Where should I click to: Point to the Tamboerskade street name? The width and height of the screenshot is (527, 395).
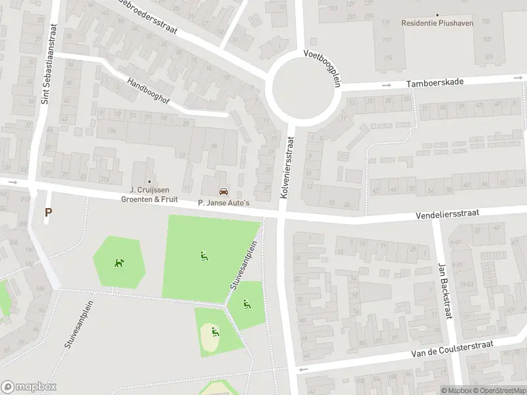(435, 82)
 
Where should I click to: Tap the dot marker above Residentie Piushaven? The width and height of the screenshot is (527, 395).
(437, 14)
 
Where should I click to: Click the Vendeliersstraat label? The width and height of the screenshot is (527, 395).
(447, 215)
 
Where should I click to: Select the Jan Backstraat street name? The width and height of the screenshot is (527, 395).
(444, 291)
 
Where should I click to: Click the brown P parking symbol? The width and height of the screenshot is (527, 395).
(47, 212)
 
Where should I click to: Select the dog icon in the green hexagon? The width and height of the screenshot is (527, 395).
(119, 263)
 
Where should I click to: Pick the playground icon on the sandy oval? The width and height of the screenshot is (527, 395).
(215, 331)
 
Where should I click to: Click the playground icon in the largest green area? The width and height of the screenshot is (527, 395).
(204, 255)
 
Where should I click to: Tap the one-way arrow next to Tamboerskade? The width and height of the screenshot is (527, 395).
(387, 85)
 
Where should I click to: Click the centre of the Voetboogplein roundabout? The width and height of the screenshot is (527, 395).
(304, 89)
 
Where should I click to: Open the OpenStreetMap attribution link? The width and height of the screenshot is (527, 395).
(499, 390)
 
